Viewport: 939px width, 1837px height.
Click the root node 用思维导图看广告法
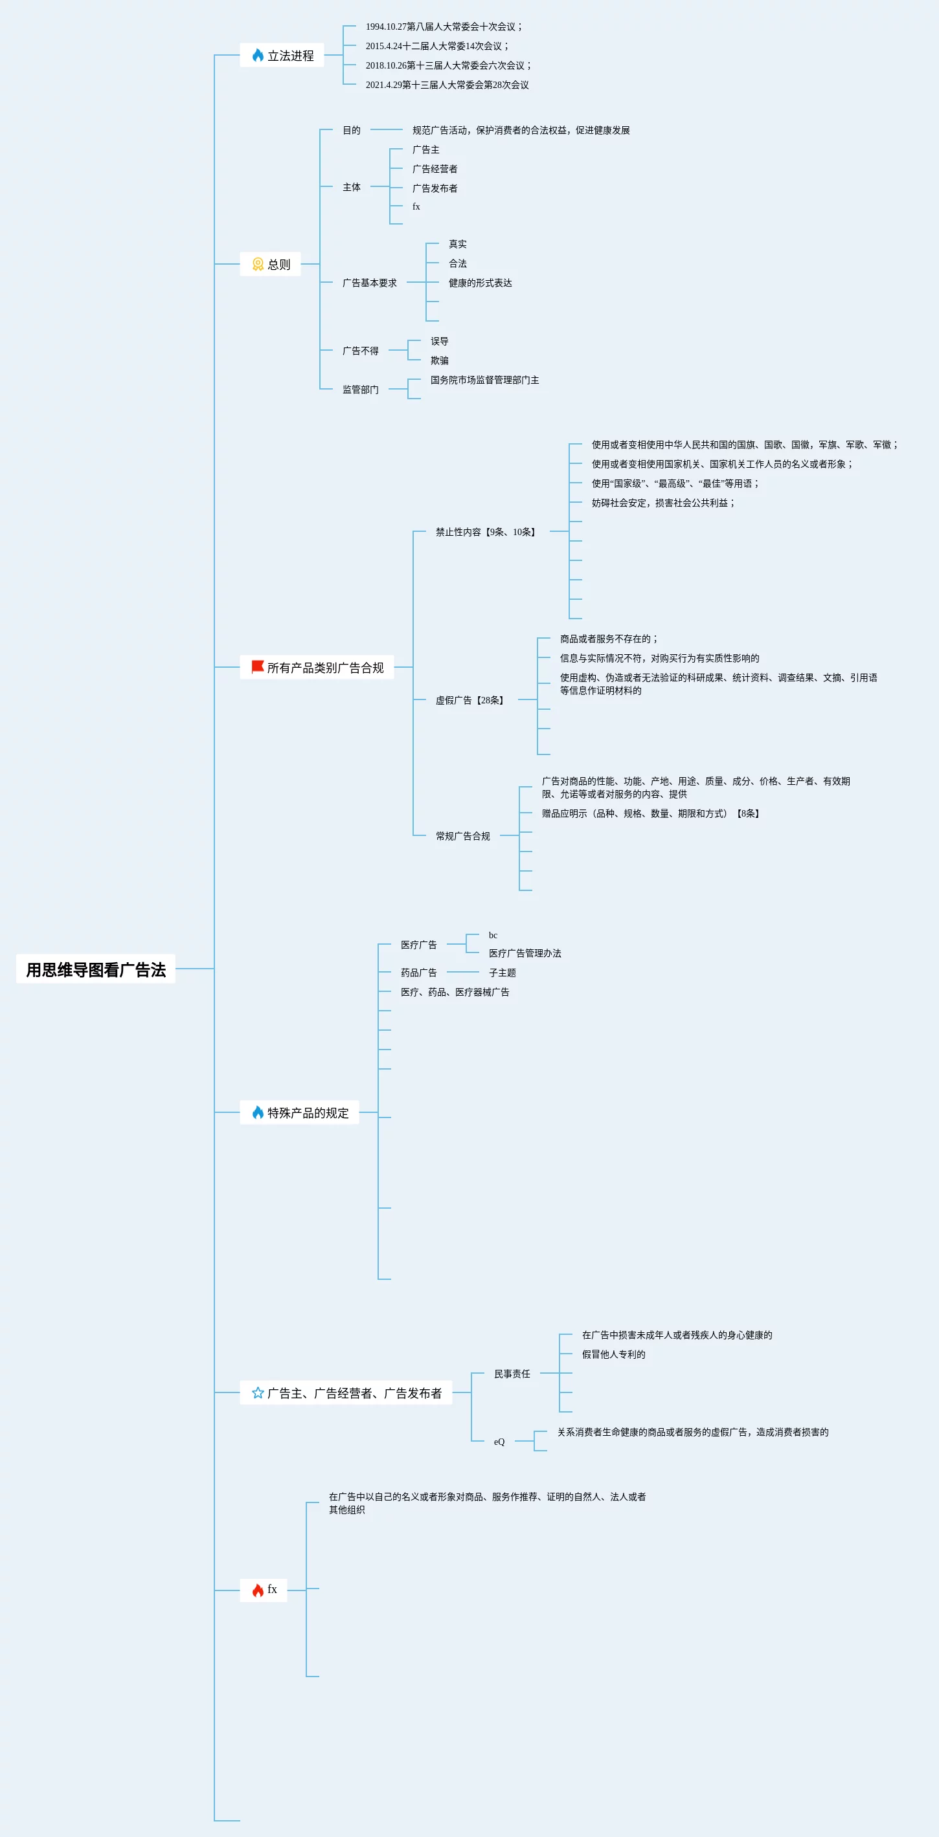[96, 969]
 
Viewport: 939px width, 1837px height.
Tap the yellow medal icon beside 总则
[258, 264]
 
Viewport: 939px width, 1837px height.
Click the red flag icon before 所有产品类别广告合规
[258, 666]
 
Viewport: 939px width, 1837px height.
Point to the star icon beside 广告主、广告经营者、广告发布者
[258, 1392]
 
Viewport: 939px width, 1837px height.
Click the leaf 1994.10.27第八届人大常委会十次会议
[443, 27]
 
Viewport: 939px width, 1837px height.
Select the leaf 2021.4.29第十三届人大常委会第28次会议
[447, 85]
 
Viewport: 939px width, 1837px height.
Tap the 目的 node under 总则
[351, 131]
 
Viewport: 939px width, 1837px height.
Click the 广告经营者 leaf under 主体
[435, 169]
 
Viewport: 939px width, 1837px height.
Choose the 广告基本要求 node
[369, 283]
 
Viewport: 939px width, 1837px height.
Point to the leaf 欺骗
[439, 361]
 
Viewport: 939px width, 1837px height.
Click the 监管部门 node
[360, 390]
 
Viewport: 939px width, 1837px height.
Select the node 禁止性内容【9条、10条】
[486, 532]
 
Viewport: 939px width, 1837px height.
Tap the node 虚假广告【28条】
[471, 700]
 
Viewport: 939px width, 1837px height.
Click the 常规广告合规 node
[462, 836]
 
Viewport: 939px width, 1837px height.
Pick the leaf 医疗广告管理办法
[525, 954]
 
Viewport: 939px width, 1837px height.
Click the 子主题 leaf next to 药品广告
[502, 973]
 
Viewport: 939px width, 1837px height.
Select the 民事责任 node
[512, 1374]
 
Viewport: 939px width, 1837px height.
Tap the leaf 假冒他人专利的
[613, 1354]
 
